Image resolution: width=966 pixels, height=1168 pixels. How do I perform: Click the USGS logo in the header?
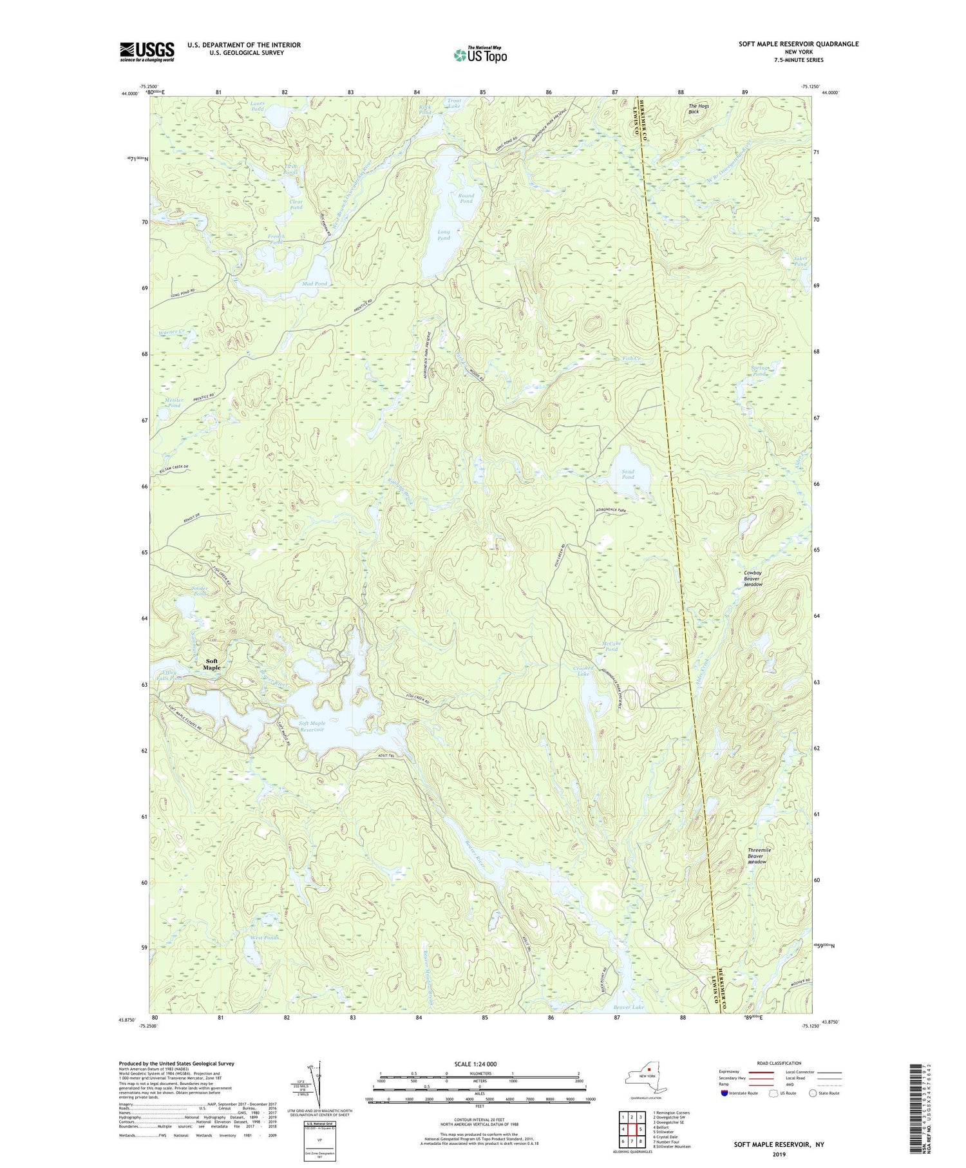[147, 52]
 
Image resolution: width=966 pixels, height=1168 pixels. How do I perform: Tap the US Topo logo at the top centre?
[480, 55]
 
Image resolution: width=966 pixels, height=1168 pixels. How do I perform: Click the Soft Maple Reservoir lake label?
[312, 727]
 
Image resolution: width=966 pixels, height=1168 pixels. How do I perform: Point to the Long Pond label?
[444, 235]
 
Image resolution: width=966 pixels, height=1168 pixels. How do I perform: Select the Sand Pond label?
[627, 474]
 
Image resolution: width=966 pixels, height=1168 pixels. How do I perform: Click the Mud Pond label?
[314, 283]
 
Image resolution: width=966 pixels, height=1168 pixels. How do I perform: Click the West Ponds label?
[265, 937]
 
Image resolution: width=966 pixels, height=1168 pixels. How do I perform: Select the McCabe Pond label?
[610, 646]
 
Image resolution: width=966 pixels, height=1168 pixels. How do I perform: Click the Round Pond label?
[466, 198]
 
